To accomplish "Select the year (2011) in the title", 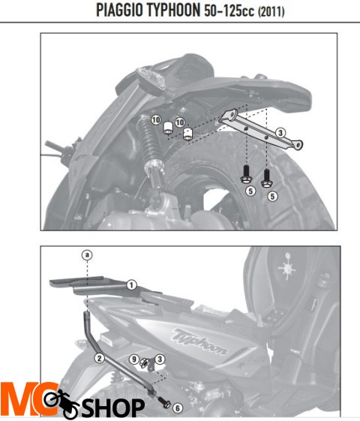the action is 271,11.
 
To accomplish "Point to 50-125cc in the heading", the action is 229,11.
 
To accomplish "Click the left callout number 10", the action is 156,120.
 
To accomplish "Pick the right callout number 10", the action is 180,122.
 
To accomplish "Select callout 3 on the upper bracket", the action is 280,133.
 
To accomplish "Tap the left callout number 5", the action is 250,191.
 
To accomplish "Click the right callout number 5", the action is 272,197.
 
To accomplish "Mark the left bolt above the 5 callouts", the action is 245,175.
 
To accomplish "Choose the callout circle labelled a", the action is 87,255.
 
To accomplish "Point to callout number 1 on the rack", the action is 131,285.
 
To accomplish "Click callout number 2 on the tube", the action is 99,358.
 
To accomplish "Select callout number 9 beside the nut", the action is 134,359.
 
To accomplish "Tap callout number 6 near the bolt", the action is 178,408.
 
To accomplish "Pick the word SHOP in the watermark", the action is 113,407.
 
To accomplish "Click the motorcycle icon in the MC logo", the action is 61,403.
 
